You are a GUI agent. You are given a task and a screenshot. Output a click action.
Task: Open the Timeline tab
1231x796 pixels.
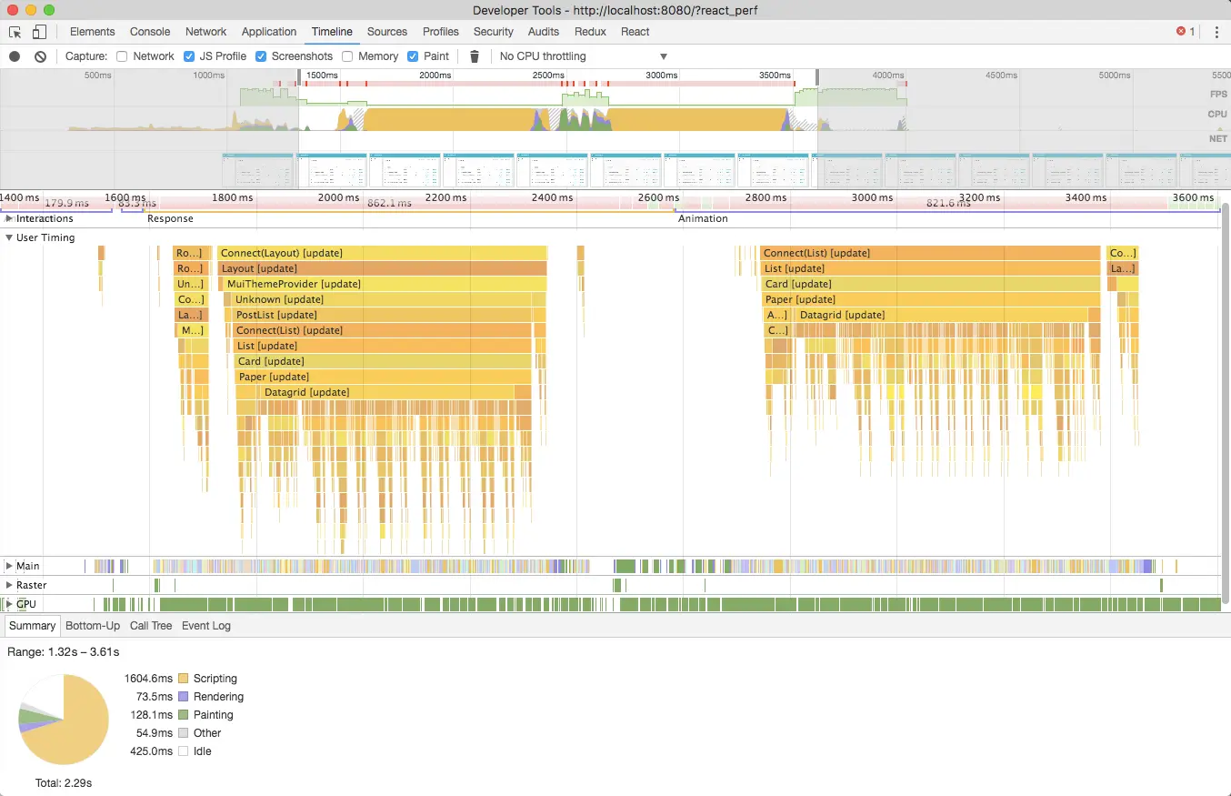pos(332,32)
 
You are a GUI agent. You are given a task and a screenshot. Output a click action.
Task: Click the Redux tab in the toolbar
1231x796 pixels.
pos(590,32)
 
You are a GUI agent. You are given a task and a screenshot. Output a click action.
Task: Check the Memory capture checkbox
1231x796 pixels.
pos(348,56)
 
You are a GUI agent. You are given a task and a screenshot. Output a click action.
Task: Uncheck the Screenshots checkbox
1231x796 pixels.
pos(261,56)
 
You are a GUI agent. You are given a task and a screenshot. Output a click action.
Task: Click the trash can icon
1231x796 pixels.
pos(474,56)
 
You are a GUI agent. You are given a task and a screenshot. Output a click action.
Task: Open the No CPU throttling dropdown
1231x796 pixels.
pos(583,56)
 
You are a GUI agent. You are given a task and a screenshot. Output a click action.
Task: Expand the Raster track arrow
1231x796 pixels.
pos(9,585)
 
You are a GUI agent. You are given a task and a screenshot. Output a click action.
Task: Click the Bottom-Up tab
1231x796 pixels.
pos(93,626)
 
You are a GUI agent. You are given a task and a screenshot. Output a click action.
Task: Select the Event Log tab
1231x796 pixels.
pos(206,626)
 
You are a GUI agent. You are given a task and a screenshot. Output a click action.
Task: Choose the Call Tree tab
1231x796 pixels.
pos(151,626)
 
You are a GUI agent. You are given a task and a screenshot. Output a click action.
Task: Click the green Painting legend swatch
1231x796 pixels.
pos(184,715)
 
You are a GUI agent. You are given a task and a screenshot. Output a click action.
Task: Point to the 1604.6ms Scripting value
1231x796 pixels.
pos(148,679)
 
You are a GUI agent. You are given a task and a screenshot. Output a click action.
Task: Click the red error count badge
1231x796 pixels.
pos(1186,32)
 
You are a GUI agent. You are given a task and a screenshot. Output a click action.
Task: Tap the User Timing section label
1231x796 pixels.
pos(45,237)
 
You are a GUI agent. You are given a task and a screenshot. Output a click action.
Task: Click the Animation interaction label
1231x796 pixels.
pos(703,218)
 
